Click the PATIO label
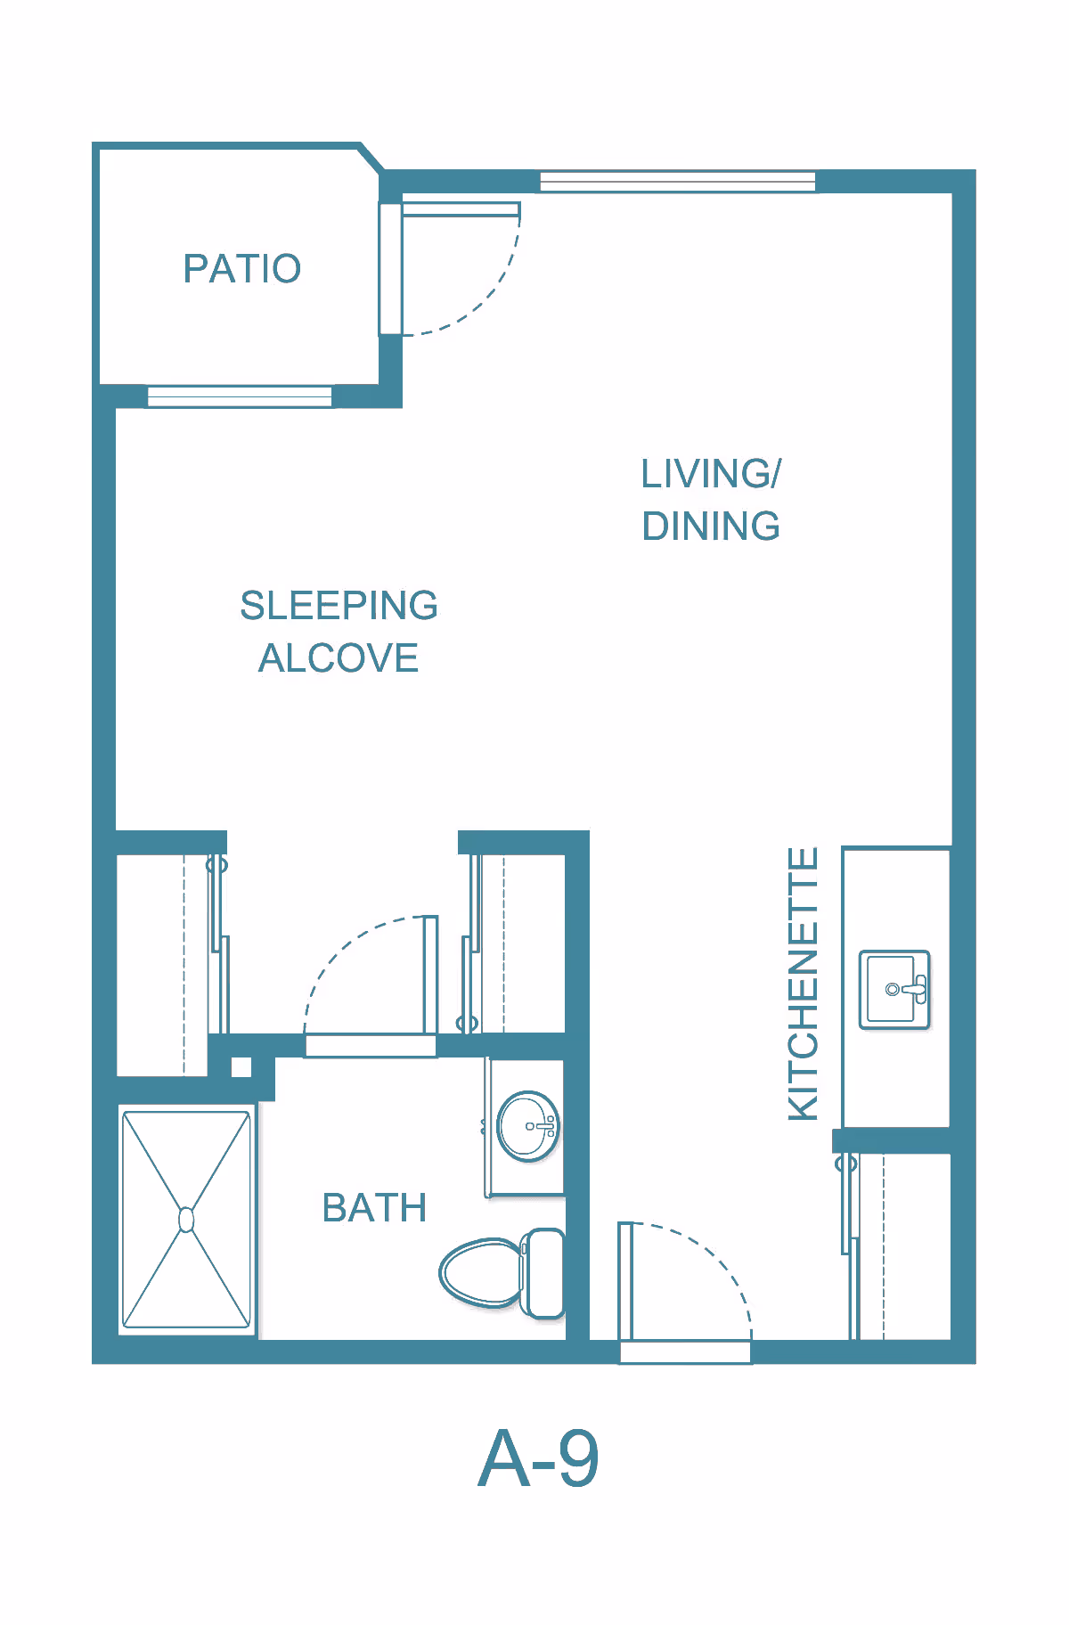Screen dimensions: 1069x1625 242,268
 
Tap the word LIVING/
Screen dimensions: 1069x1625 711,473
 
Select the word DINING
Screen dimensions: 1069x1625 711,526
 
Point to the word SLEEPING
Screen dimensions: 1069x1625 339,606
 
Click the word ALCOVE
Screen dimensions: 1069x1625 339,658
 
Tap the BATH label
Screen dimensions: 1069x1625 374,1208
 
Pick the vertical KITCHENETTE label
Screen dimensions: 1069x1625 803,984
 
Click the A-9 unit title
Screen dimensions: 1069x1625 538,1458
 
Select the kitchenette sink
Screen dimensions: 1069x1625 894,990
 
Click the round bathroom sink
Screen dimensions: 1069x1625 528,1127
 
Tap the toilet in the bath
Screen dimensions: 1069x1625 502,1273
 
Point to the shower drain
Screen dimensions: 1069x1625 186,1219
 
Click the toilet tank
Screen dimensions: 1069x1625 543,1273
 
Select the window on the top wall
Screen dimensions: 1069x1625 678,182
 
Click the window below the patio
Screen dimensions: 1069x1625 240,396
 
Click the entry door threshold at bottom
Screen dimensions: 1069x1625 685,1352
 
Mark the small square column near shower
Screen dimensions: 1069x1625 241,1067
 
